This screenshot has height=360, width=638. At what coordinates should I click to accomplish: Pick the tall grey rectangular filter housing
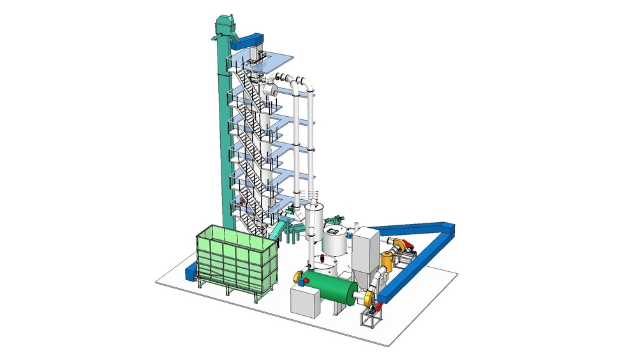click(x=366, y=250)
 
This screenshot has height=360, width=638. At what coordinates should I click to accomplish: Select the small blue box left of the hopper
click(x=189, y=273)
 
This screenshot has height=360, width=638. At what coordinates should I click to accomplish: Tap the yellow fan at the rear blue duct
click(x=399, y=243)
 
